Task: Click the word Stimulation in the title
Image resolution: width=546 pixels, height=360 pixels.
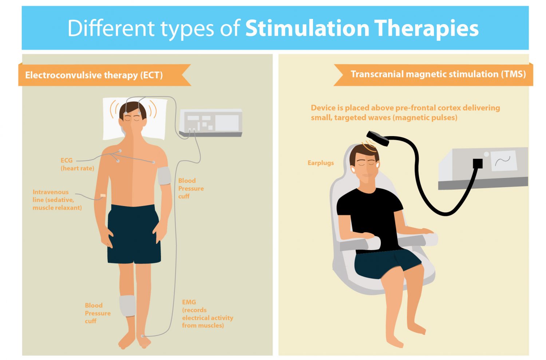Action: point(307,28)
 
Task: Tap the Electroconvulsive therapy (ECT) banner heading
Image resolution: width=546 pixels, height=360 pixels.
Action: point(94,75)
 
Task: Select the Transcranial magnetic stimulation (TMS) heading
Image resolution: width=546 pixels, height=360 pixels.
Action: point(438,74)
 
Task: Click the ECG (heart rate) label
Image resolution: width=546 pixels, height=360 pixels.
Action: point(77,164)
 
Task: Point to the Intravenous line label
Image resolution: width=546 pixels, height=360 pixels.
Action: point(57,200)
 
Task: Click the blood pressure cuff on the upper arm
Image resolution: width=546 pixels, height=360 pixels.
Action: point(164,176)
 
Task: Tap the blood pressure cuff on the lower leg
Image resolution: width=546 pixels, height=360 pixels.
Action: point(127,306)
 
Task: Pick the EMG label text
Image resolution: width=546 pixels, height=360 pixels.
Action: point(207,314)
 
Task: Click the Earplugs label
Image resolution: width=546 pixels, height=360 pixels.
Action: point(321,163)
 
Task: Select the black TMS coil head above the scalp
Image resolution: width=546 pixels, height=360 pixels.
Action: point(377,138)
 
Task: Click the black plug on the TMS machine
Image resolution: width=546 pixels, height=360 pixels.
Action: point(478,163)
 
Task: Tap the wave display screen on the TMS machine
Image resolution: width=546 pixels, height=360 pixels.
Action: point(503,161)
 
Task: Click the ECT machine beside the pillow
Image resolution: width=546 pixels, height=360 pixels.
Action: point(211,123)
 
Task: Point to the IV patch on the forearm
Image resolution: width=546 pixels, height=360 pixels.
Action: point(103,195)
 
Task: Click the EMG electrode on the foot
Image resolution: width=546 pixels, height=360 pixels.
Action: point(143,336)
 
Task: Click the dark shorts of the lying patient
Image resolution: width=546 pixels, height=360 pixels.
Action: point(134,234)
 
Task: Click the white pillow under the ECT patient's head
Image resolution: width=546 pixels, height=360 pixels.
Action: point(135,119)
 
